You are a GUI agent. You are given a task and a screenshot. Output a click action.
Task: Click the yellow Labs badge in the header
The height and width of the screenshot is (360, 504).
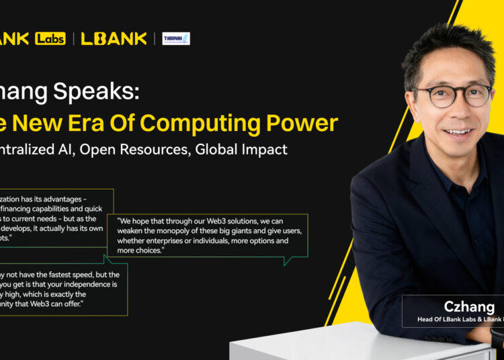coord(50,38)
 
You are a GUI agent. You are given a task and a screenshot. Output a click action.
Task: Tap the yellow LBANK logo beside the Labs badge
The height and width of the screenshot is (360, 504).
coord(114,38)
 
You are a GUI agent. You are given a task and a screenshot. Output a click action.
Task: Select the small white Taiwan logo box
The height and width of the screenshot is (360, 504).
coord(176,38)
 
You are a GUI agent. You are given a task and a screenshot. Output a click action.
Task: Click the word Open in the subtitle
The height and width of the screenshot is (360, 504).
coord(99,149)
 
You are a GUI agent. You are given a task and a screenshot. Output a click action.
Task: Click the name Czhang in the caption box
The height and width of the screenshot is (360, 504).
coord(469,307)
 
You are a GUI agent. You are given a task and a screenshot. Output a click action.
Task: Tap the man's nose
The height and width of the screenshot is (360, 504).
coord(458,110)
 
